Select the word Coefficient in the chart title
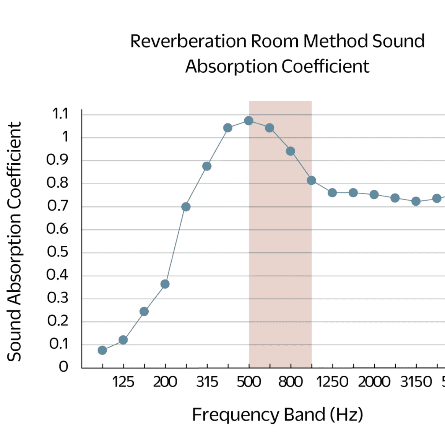click(x=325, y=67)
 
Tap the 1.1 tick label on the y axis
click(x=60, y=114)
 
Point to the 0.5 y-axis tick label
click(x=57, y=252)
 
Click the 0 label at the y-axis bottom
click(x=63, y=367)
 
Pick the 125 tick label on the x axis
click(x=123, y=382)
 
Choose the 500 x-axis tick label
click(x=248, y=382)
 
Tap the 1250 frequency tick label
click(x=332, y=382)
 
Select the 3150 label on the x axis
click(x=416, y=382)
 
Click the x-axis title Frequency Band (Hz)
click(x=278, y=415)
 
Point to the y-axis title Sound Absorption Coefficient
click(x=15, y=242)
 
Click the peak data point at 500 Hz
click(x=248, y=121)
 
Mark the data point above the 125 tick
click(x=123, y=340)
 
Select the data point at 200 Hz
click(x=165, y=284)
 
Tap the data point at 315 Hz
click(x=207, y=166)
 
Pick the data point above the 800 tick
click(x=291, y=151)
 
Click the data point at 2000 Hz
click(x=374, y=195)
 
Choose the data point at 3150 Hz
click(x=416, y=201)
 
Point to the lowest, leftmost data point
click(x=102, y=350)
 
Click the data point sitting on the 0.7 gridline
click(x=186, y=207)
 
